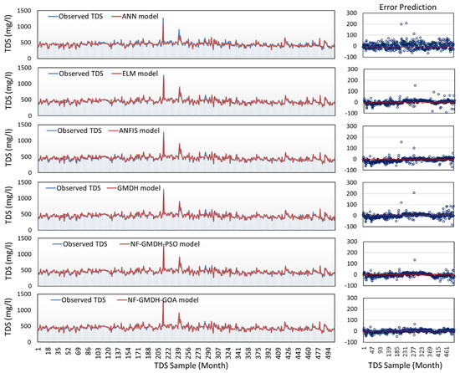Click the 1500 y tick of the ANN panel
26,11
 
